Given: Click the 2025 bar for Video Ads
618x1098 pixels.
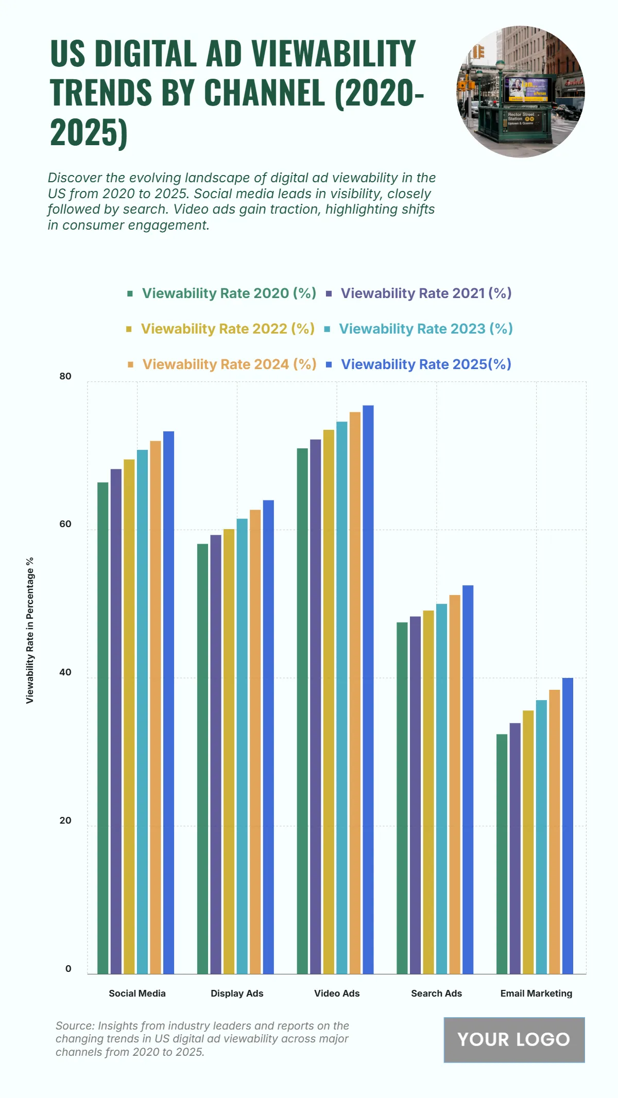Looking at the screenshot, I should click(368, 689).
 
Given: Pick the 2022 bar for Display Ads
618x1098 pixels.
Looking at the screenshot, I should click(229, 751).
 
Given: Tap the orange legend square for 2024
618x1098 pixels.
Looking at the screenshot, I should click(131, 364).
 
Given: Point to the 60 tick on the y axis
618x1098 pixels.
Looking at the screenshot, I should click(65, 524).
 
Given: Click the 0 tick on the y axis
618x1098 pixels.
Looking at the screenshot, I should click(68, 969).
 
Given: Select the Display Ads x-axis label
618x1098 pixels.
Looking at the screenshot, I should click(237, 994).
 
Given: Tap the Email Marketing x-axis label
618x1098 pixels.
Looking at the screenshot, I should click(536, 994).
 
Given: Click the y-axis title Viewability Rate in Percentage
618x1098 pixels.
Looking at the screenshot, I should click(30, 630).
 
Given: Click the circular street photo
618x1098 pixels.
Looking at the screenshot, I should click(521, 92).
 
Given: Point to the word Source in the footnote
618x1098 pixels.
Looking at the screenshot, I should click(75, 1026).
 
